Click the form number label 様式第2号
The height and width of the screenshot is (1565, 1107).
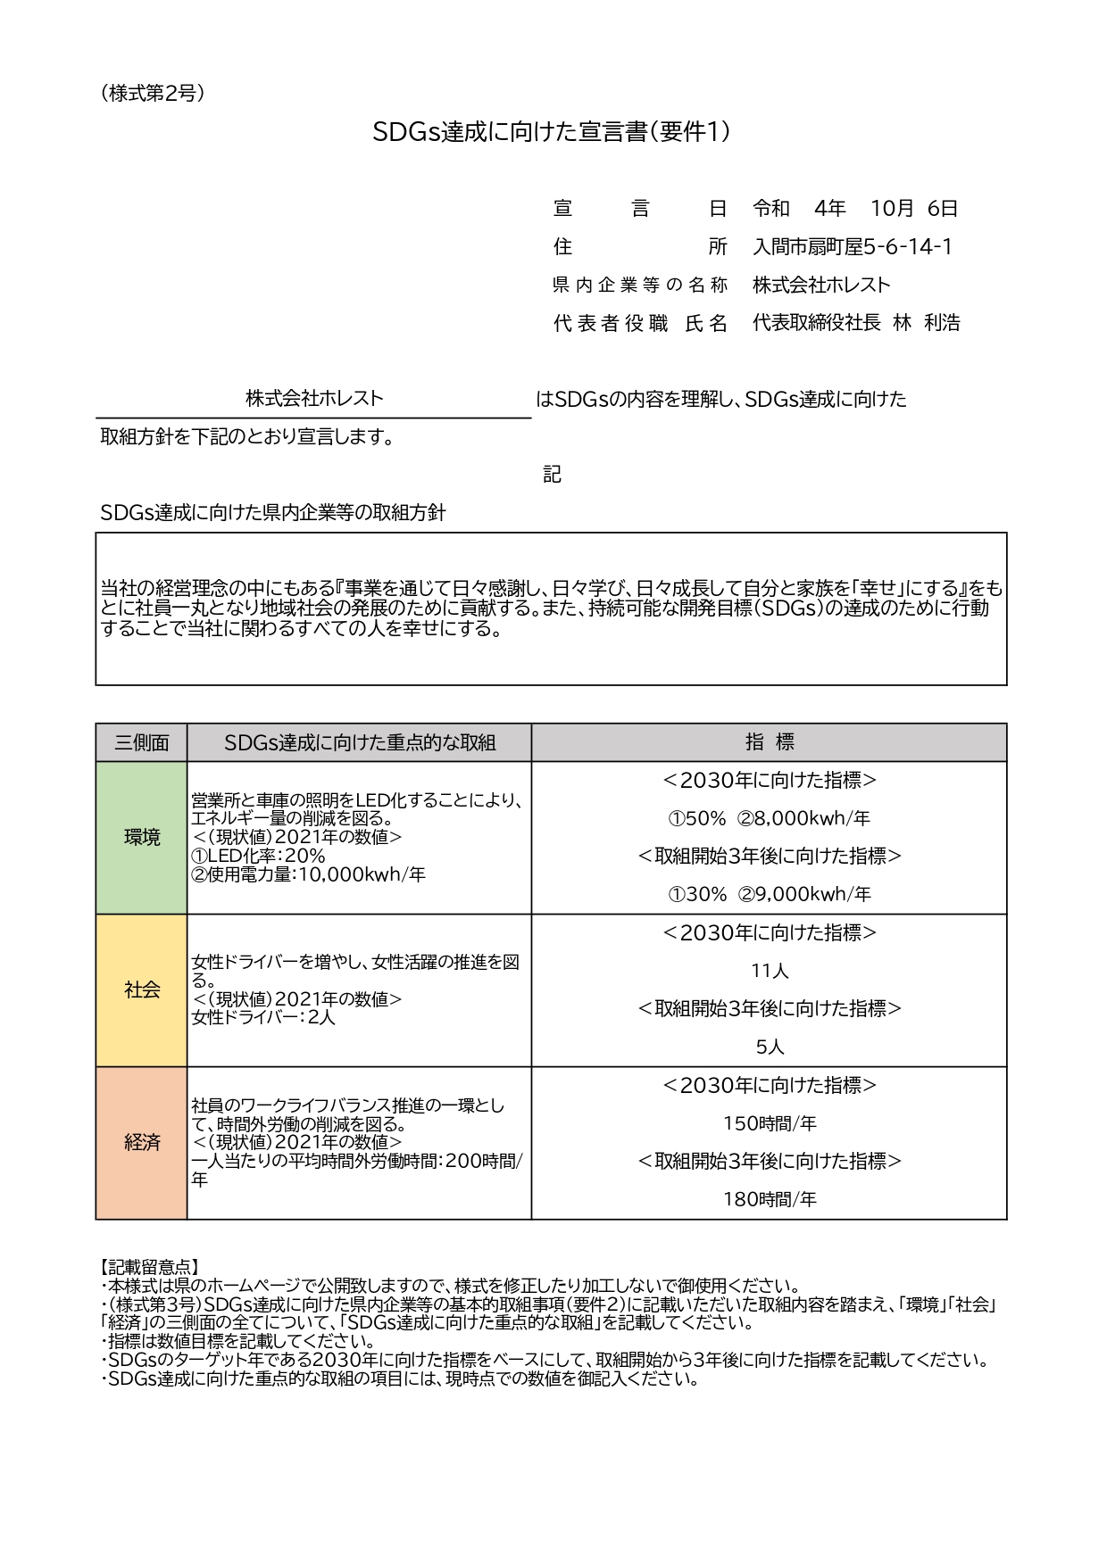tap(153, 93)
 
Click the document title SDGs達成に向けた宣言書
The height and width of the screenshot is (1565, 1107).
tap(552, 132)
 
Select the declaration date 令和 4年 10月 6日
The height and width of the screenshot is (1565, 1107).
tap(854, 209)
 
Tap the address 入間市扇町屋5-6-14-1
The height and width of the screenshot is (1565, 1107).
tap(853, 247)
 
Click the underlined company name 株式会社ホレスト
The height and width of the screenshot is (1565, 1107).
tap(314, 399)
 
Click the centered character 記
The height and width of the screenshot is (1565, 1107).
tap(552, 475)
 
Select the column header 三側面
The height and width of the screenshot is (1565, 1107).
tap(141, 742)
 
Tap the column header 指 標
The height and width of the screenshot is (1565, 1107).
tap(769, 742)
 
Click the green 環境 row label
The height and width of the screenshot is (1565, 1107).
tap(141, 838)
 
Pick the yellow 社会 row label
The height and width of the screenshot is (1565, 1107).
tap(141, 990)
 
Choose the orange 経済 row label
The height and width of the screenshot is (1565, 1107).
tap(141, 1143)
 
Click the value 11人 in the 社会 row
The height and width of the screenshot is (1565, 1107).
tap(769, 971)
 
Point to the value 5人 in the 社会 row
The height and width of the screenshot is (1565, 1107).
tap(769, 1047)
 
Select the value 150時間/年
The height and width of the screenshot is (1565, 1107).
tap(769, 1124)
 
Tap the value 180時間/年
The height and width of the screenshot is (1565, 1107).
tap(769, 1200)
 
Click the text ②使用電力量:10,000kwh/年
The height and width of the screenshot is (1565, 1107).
tap(308, 875)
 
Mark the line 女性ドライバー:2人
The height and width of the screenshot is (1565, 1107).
tap(263, 1017)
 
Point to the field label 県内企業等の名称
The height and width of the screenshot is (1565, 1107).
tap(640, 286)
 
